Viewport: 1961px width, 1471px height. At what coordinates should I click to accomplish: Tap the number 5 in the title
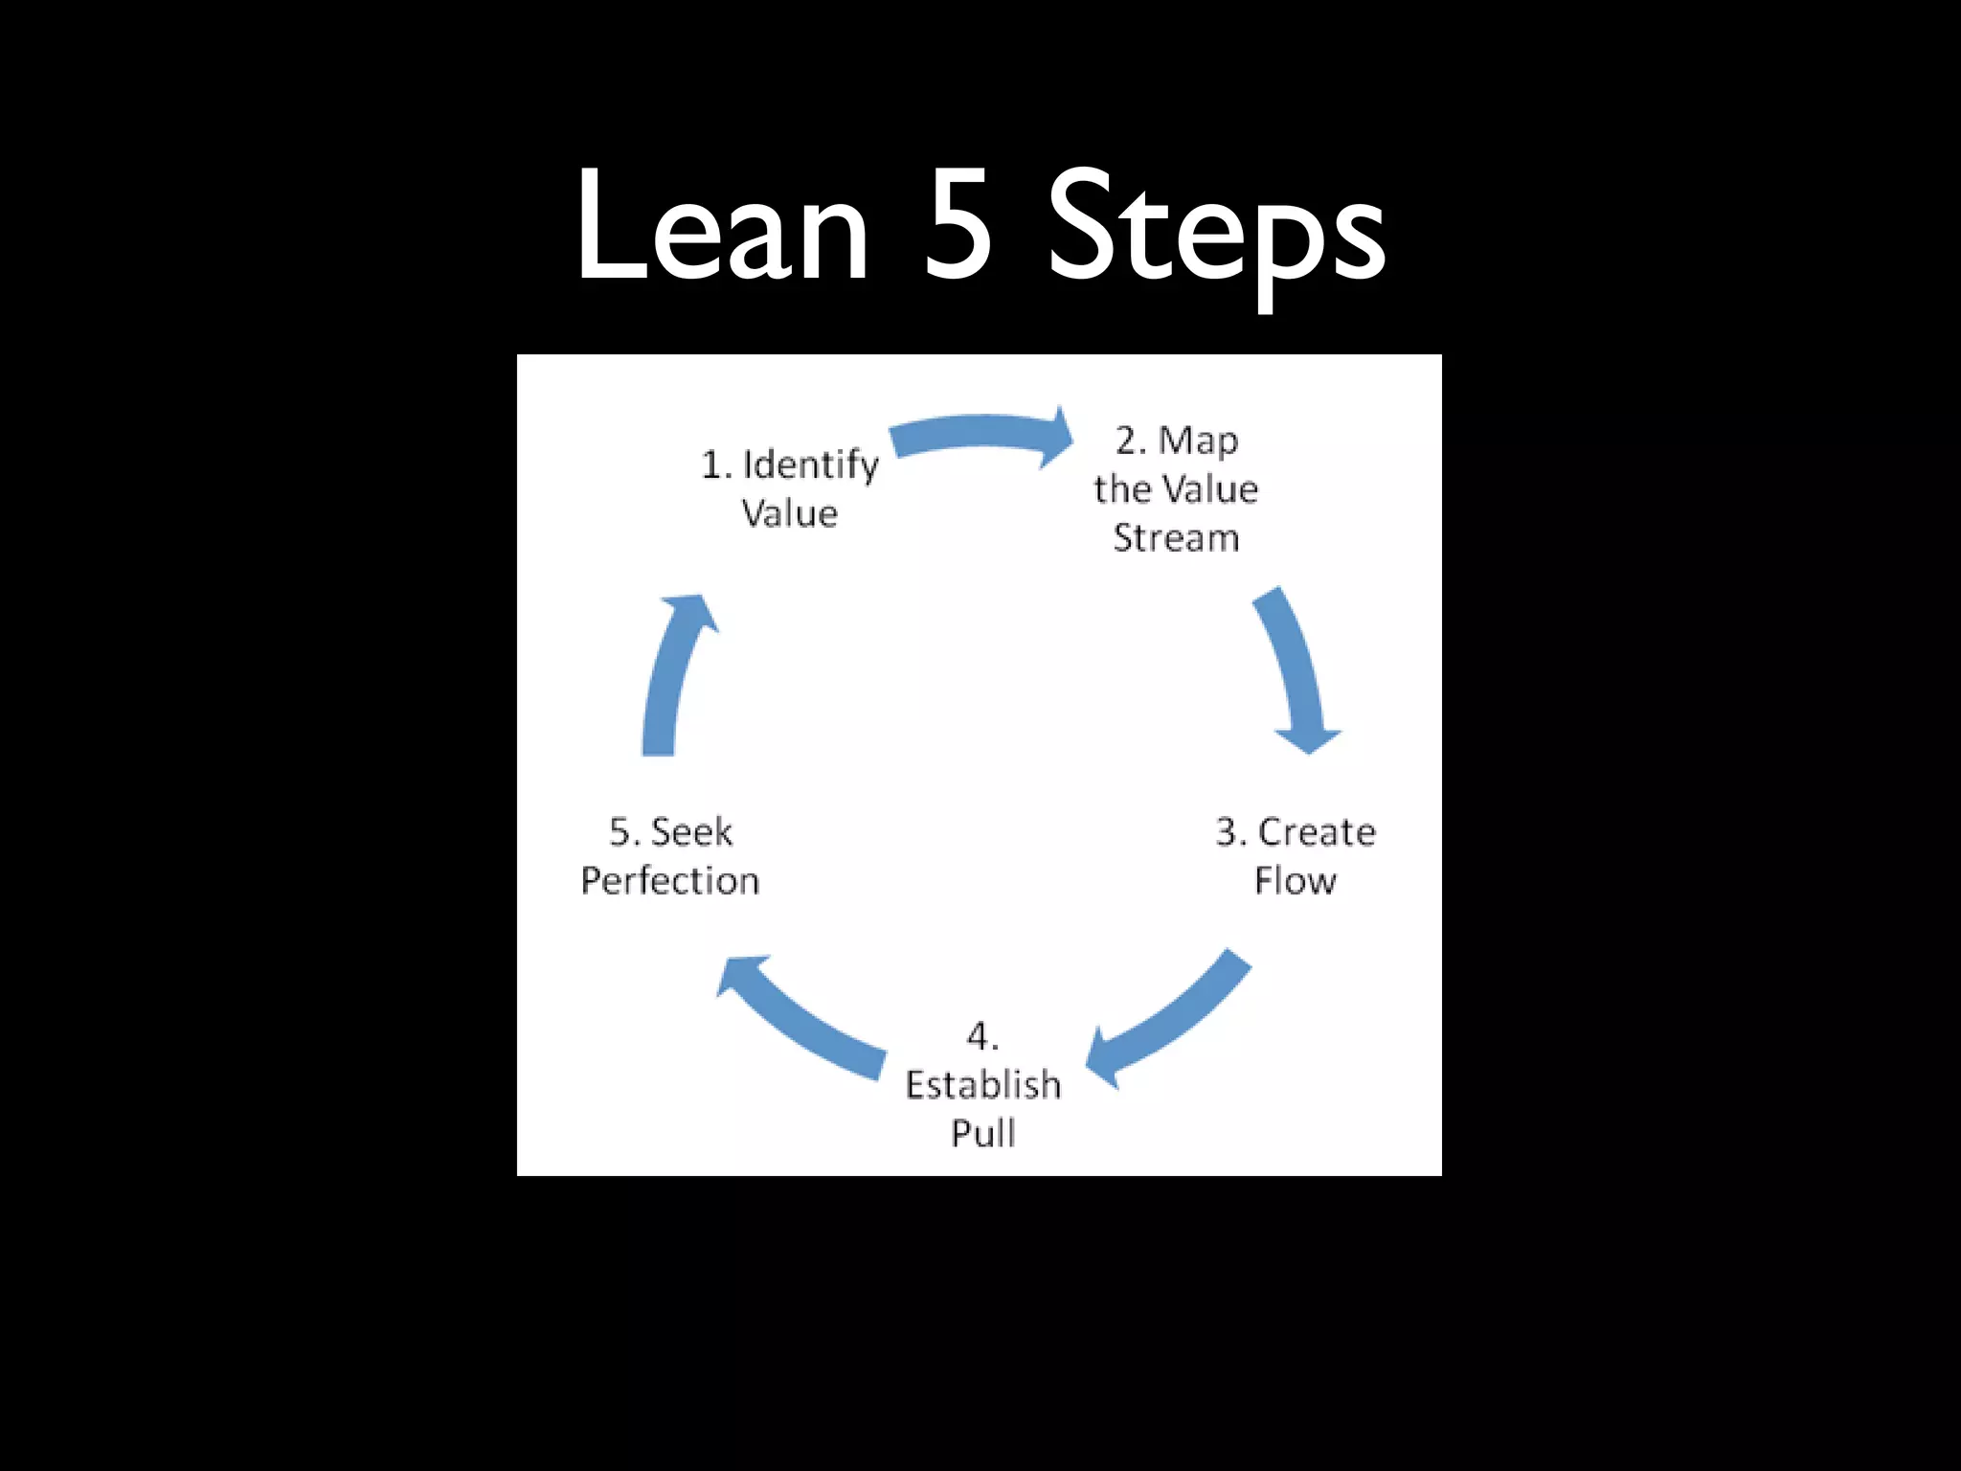pos(958,227)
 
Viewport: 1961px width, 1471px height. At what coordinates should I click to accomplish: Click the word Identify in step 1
pos(810,465)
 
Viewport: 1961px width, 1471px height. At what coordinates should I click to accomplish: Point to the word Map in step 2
pos(1198,441)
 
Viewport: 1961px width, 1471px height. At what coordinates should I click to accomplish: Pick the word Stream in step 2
pos(1176,538)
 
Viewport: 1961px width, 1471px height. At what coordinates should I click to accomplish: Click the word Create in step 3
pos(1317,832)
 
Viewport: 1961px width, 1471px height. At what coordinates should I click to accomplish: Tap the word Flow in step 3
pos(1295,881)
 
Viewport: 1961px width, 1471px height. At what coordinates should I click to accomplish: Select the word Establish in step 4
pos(983,1085)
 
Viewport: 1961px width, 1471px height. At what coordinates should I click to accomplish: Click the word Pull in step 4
pos(983,1134)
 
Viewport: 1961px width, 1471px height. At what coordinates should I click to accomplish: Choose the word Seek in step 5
pos(691,832)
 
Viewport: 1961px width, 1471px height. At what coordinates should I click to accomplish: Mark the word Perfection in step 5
pos(670,881)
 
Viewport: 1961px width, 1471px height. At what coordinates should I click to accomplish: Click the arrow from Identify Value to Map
pos(981,434)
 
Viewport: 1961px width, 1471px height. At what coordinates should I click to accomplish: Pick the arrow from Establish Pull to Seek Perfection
pos(804,1020)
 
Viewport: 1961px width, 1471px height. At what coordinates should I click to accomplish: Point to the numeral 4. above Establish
pos(982,1036)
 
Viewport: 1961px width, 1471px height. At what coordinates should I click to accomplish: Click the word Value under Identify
pos(790,514)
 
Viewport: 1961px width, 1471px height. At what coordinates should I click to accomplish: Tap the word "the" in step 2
pos(1121,489)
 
